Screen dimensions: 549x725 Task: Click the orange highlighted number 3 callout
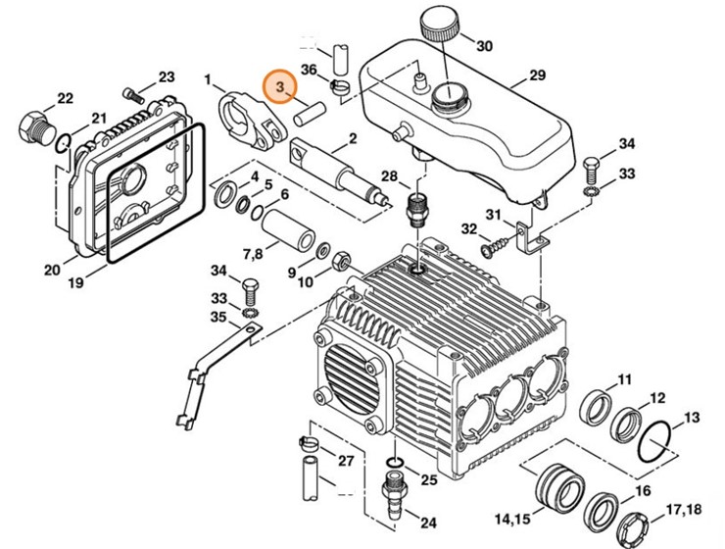[x=281, y=87]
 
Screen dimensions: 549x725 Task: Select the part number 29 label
[x=536, y=76]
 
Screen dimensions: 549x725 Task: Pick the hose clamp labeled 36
[x=341, y=92]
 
